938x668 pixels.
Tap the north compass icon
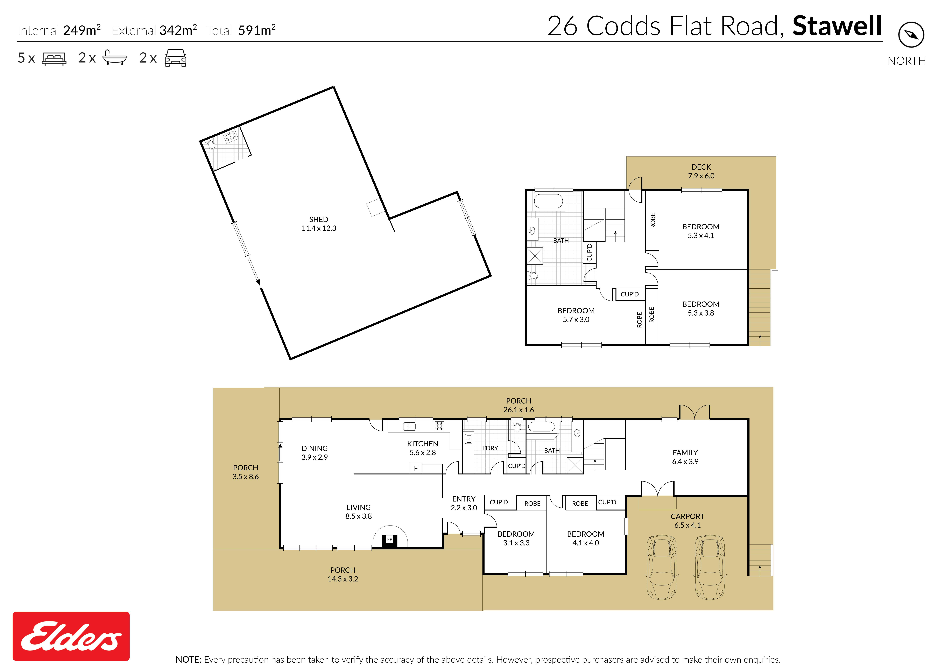point(911,35)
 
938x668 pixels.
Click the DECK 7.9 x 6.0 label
point(701,171)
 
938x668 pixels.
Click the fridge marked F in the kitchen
point(416,468)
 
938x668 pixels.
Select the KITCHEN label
point(423,443)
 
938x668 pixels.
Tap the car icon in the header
point(176,58)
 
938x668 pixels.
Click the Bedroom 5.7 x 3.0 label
point(576,315)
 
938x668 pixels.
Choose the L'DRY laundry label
point(490,448)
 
